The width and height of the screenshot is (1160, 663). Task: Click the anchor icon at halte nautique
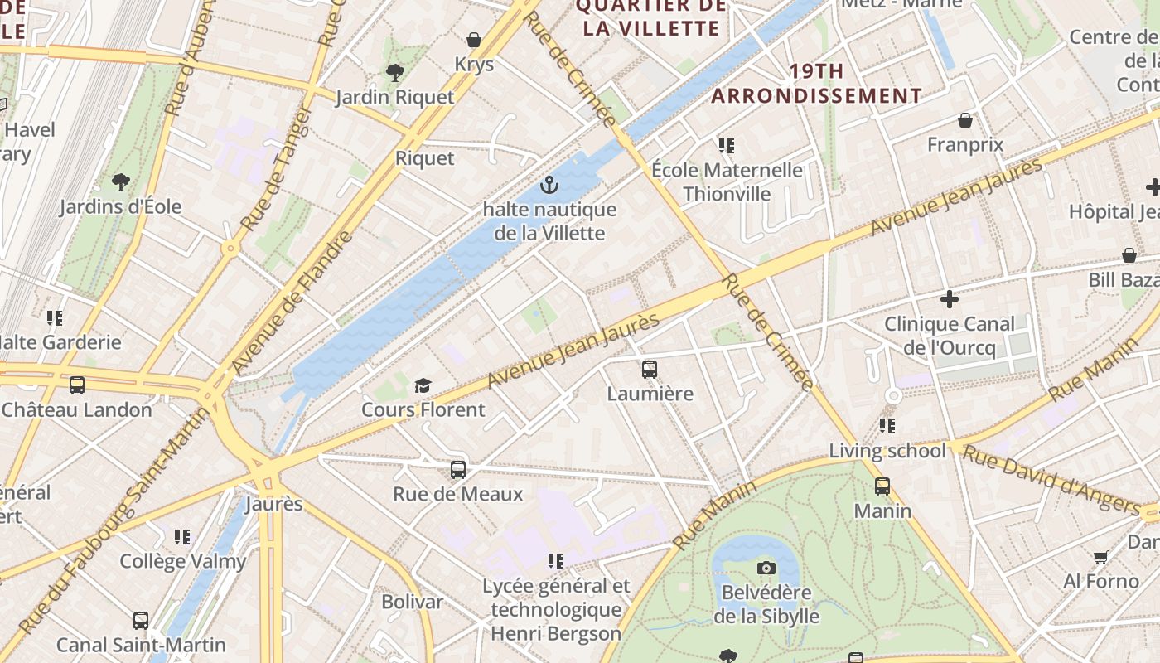[548, 185]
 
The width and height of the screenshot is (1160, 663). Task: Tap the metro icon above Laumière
[650, 369]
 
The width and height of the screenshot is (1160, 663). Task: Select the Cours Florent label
[423, 409]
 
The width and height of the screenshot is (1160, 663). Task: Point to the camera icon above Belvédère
[766, 568]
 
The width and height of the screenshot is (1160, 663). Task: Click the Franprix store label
[965, 145]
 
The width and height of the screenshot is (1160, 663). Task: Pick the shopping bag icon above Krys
[474, 40]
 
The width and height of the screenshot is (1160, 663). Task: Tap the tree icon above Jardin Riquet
[394, 72]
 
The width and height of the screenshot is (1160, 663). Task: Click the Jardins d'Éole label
[120, 206]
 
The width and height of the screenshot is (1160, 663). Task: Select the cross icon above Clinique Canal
[950, 298]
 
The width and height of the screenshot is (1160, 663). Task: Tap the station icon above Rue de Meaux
[458, 470]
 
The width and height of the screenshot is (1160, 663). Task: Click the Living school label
[887, 451]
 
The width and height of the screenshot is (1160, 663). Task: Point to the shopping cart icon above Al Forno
[1100, 557]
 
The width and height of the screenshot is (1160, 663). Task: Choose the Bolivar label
[412, 602]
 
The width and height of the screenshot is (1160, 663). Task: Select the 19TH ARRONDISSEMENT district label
[816, 84]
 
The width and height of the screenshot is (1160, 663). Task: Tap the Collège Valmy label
[183, 561]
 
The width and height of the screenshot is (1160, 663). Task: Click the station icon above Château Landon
[77, 385]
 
